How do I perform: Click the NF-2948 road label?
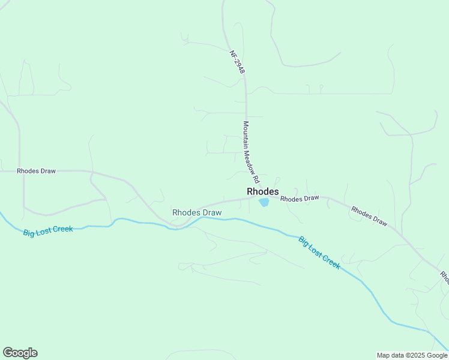tap(237, 62)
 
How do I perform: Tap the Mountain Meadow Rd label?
tap(251, 152)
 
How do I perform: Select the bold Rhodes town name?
tap(263, 191)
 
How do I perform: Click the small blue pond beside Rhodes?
tap(264, 203)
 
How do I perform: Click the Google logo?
tap(20, 353)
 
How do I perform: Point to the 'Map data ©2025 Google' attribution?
tap(412, 355)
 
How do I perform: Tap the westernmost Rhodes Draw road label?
tap(36, 171)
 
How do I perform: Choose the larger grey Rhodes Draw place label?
tap(197, 212)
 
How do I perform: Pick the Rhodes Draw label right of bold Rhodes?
tap(300, 199)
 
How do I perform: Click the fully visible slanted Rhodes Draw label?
tap(369, 216)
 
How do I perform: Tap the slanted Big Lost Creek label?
tap(319, 252)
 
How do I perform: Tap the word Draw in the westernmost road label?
tap(47, 171)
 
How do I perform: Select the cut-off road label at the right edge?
tap(445, 277)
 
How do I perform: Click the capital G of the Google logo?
tap(8, 353)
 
